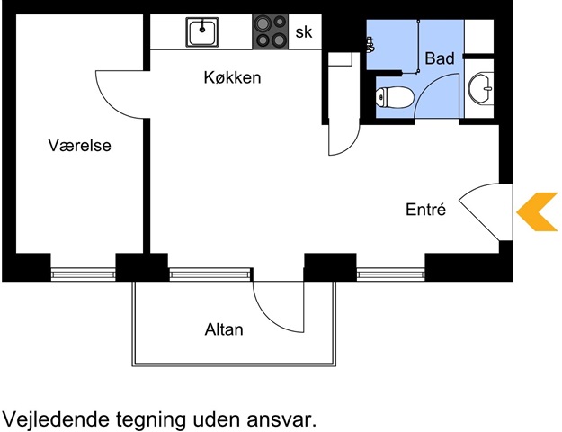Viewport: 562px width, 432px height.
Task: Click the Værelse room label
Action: pyautogui.click(x=79, y=145)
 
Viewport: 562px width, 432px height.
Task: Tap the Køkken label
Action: pyautogui.click(x=232, y=77)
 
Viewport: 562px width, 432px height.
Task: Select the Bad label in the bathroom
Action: pyautogui.click(x=440, y=58)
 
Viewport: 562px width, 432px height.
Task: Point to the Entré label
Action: pyautogui.click(x=426, y=209)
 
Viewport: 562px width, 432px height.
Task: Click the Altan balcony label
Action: pyautogui.click(x=224, y=329)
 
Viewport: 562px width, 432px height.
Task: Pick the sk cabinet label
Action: pyautogui.click(x=304, y=32)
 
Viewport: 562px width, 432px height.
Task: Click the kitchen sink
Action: pyautogui.click(x=202, y=32)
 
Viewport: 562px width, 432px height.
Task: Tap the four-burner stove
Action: pyautogui.click(x=271, y=31)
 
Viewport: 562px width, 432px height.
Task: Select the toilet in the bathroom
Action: pyautogui.click(x=395, y=97)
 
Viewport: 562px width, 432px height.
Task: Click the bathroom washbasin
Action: pyautogui.click(x=481, y=88)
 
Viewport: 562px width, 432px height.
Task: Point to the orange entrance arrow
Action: pyautogui.click(x=537, y=211)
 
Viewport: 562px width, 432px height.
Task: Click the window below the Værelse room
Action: pyautogui.click(x=83, y=274)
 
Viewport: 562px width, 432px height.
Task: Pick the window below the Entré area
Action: pyautogui.click(x=390, y=274)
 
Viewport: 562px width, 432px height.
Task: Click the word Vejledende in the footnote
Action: pyautogui.click(x=56, y=419)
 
